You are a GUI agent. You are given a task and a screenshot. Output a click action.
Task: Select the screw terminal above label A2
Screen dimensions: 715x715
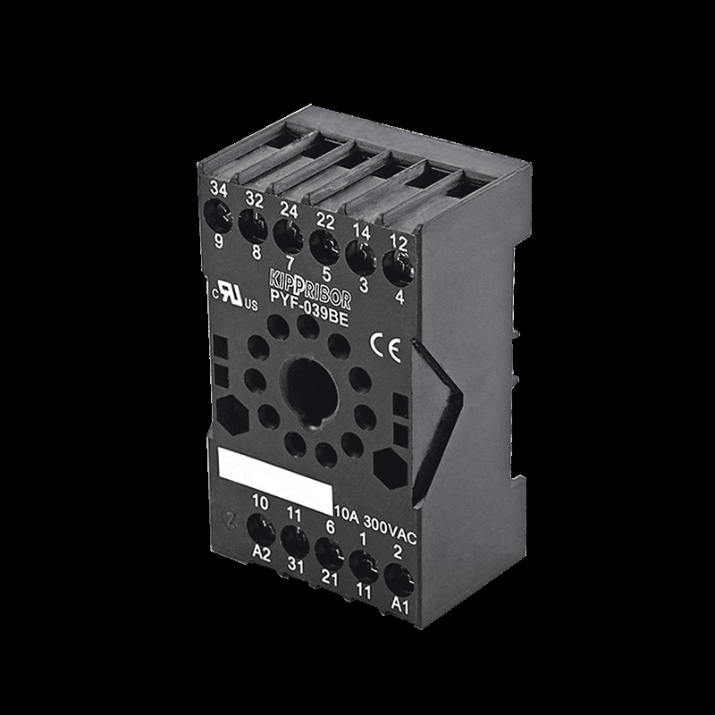[x=260, y=530]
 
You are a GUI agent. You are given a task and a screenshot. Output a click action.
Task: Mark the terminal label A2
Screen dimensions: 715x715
[x=261, y=553]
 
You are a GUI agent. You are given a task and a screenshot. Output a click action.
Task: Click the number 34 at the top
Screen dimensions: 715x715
[x=219, y=189]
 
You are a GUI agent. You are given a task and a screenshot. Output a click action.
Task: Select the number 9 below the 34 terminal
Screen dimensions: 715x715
[x=217, y=240]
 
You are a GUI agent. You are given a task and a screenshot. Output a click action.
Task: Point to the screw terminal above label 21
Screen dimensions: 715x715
[x=326, y=552]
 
